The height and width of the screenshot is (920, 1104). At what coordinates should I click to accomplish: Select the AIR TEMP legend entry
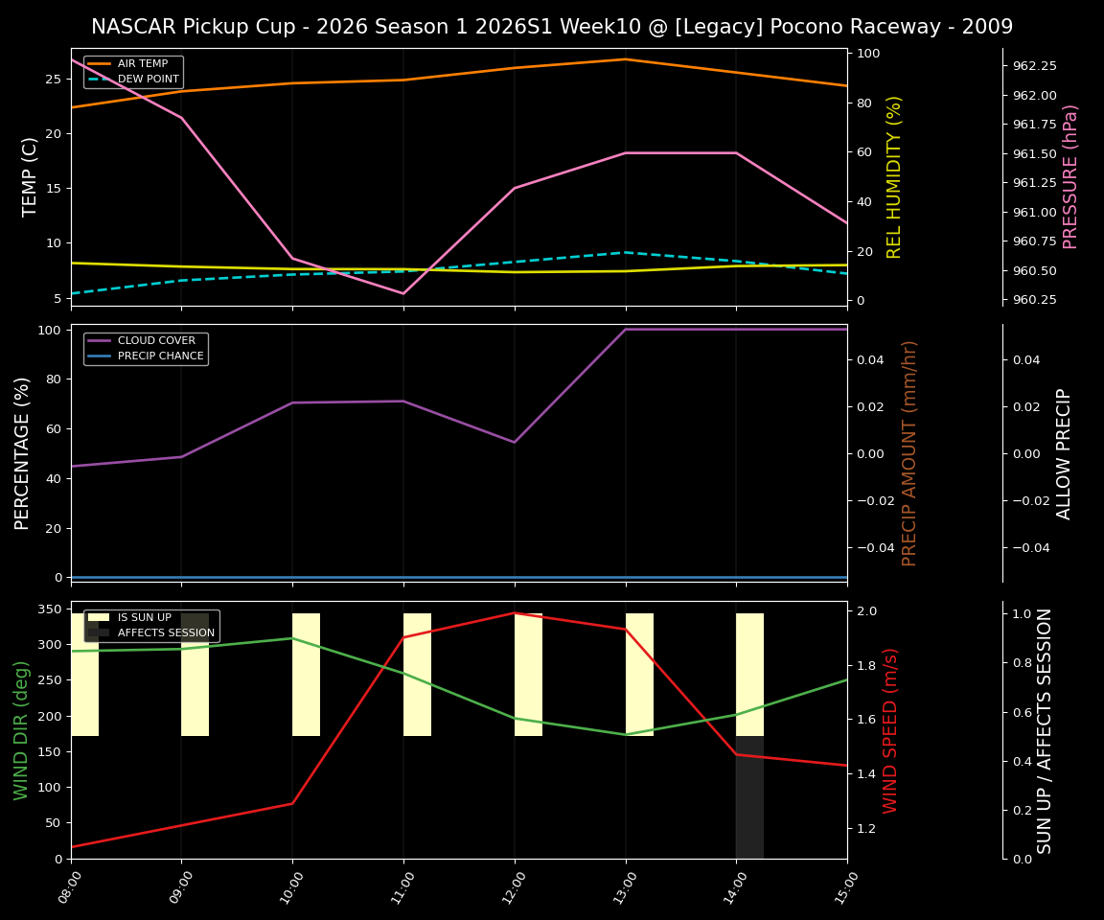click(x=142, y=64)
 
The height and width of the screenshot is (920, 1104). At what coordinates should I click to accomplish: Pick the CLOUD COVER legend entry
click(x=156, y=341)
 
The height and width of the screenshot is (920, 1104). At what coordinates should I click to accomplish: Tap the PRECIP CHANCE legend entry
click(x=160, y=356)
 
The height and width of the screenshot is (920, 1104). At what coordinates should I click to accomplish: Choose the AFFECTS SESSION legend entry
click(x=166, y=633)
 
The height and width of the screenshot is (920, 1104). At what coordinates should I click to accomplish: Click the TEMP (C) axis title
click(x=31, y=176)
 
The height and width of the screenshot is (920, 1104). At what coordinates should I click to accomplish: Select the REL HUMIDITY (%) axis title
click(x=894, y=176)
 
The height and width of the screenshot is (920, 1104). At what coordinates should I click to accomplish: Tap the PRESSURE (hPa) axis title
click(x=1070, y=176)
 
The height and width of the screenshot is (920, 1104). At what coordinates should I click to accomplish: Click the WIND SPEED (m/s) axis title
click(x=891, y=730)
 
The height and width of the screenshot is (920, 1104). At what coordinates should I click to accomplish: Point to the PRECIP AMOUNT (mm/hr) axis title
click(x=909, y=453)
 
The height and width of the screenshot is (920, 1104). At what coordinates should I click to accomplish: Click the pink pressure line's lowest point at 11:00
click(x=403, y=293)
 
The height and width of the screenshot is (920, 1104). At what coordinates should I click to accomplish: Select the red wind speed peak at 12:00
click(x=515, y=613)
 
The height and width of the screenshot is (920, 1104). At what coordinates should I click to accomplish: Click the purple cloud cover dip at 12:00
click(x=515, y=442)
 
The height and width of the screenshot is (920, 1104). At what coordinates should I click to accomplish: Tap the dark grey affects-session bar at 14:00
click(x=749, y=805)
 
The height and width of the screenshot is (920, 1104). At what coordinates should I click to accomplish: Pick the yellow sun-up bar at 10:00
click(x=306, y=675)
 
